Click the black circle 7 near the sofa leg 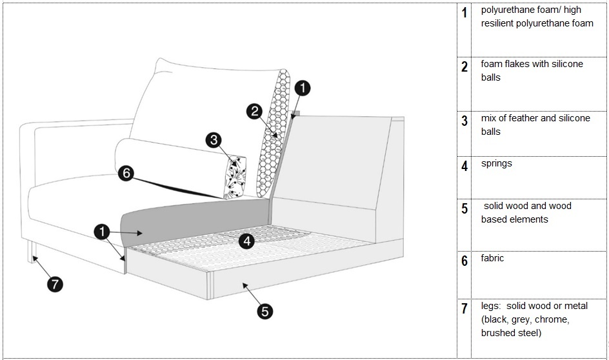(56, 284)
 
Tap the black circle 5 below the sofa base (265, 311)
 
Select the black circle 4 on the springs (247, 241)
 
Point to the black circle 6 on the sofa (126, 173)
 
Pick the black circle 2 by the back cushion (255, 111)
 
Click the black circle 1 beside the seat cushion (101, 231)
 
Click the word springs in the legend (496, 164)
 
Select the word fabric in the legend (493, 258)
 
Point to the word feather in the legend (525, 119)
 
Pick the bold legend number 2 (464, 67)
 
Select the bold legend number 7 (464, 309)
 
